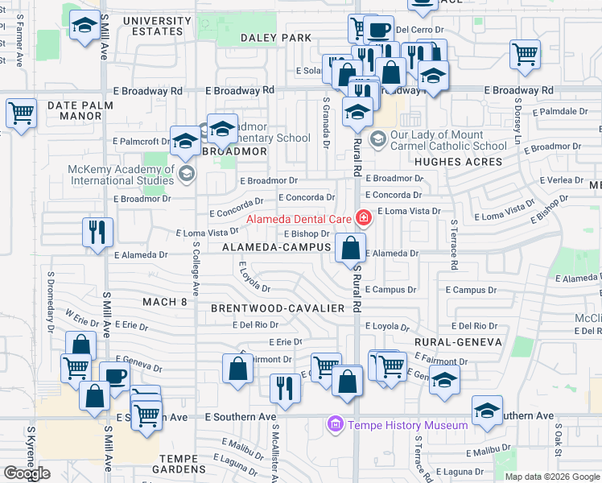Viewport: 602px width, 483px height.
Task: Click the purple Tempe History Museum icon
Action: (334, 424)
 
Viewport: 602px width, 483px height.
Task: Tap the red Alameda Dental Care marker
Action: (364, 218)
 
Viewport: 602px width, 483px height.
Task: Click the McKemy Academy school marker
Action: (187, 173)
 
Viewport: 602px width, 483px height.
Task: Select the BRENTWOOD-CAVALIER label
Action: (278, 308)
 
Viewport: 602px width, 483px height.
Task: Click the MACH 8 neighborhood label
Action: (164, 302)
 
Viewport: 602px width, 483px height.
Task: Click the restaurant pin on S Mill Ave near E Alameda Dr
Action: (97, 233)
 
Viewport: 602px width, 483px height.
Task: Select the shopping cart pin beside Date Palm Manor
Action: (21, 113)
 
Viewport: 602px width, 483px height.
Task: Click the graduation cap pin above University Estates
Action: (84, 27)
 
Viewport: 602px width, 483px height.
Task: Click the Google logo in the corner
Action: (27, 473)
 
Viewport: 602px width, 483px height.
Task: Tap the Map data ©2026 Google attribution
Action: (552, 477)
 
